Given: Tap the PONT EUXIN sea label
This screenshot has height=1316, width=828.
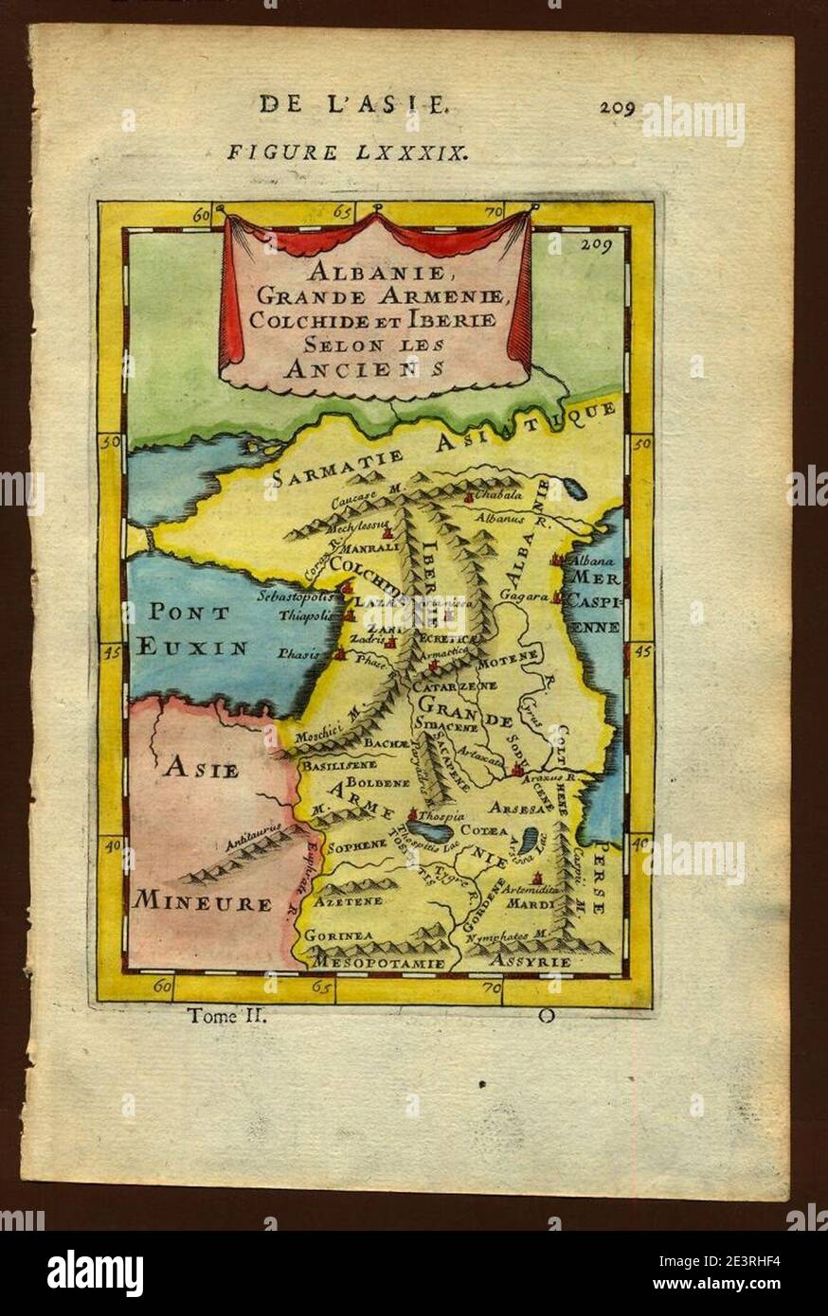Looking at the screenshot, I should coord(192,630).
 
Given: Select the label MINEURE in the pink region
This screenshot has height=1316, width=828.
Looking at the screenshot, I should coord(202,902).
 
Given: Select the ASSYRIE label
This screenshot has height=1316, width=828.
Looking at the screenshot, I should coord(531,962).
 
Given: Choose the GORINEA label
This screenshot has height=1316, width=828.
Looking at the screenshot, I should coord(337,935).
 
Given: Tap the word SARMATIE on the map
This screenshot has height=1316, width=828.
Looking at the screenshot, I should coord(332,467).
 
